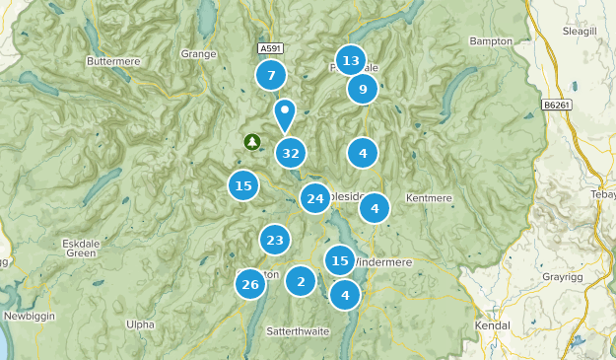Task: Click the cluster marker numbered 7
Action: pyautogui.click(x=271, y=75)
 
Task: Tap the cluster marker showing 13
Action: pyautogui.click(x=351, y=60)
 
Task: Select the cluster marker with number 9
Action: pyautogui.click(x=363, y=90)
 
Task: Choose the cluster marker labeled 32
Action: pyautogui.click(x=290, y=153)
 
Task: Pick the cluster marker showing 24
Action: pyautogui.click(x=315, y=198)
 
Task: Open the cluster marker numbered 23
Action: pyautogui.click(x=275, y=240)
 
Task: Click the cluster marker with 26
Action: pyautogui.click(x=250, y=285)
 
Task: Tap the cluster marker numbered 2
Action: pyautogui.click(x=301, y=281)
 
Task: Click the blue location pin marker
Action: pyautogui.click(x=285, y=113)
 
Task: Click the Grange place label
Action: pyautogui.click(x=199, y=54)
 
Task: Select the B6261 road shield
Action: pyautogui.click(x=559, y=102)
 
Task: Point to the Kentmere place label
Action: pyautogui.click(x=429, y=198)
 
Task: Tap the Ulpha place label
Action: pyautogui.click(x=141, y=324)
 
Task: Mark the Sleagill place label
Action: pyautogui.click(x=582, y=32)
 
